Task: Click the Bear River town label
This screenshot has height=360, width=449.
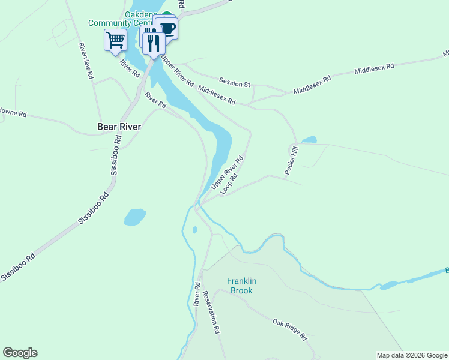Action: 119,127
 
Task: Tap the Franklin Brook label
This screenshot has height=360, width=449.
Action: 242,286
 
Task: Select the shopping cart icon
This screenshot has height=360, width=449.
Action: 115,41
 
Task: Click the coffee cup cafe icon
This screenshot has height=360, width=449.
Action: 167,28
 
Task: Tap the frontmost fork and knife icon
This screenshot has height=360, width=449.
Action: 154,44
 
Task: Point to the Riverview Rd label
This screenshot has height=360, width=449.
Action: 86,61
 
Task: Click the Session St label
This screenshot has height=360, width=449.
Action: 234,81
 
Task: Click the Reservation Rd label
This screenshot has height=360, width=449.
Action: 211,312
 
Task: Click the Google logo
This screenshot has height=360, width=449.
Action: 20,353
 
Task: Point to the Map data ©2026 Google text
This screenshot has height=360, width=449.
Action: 412,355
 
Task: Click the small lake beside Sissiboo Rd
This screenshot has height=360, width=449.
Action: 135,217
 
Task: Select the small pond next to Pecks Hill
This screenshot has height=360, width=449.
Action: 309,140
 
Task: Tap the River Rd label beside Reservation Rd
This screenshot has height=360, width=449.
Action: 196,294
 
